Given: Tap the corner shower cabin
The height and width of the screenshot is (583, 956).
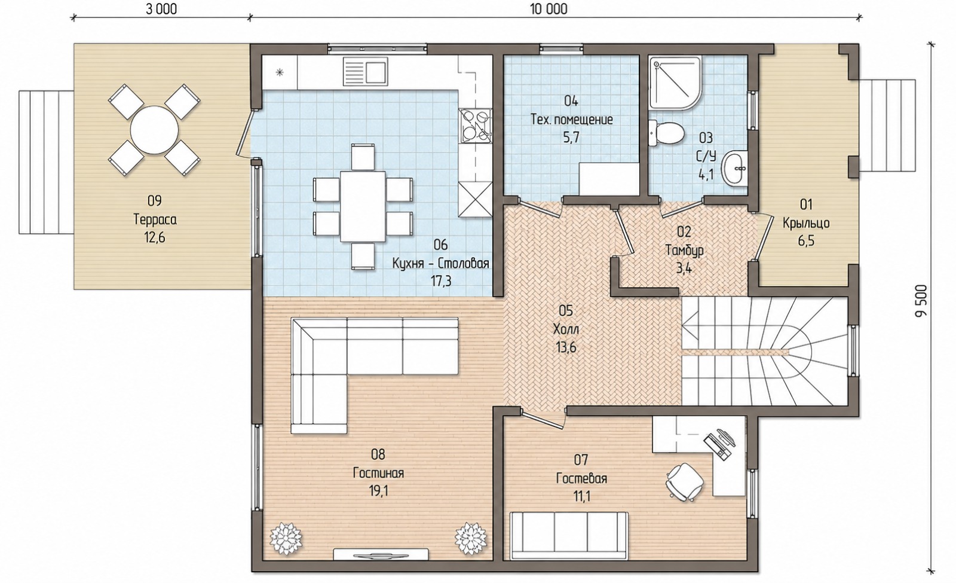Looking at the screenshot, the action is [x=675, y=83].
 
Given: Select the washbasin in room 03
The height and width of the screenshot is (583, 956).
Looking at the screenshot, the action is [x=734, y=168].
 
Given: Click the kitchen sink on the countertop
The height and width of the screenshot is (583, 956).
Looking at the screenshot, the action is [x=365, y=72].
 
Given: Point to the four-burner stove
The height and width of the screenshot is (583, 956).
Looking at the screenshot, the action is [x=475, y=126].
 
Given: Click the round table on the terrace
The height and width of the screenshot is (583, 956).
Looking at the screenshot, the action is [x=154, y=130].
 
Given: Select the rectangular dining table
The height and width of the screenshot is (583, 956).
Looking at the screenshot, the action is [x=363, y=206].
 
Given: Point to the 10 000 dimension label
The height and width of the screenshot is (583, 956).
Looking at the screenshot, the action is [x=549, y=9].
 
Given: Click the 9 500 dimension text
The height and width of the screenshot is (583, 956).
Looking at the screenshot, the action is [x=921, y=301].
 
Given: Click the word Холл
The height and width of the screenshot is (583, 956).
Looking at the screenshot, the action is [x=566, y=329].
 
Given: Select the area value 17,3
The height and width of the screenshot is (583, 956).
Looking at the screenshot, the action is [x=441, y=281].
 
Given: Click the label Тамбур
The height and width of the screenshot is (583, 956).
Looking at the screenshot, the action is [x=684, y=251].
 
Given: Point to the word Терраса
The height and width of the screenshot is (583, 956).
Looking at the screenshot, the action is [x=155, y=220].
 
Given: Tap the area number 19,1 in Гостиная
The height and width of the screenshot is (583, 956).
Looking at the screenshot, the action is [x=379, y=492].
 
